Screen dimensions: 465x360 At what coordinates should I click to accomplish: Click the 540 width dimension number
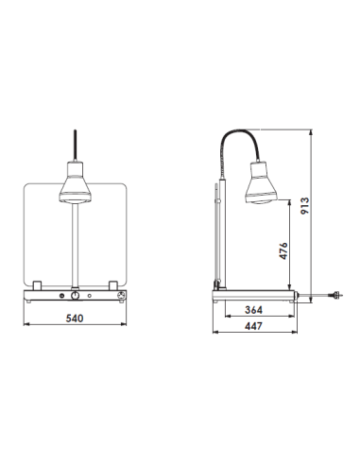pyautogui.click(x=75, y=319)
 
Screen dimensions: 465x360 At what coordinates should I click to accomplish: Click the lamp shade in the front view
pyautogui.click(x=75, y=185)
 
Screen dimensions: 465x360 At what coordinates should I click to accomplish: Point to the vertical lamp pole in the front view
pyautogui.click(x=75, y=246)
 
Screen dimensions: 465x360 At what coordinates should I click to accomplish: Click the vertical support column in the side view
pyautogui.click(x=218, y=236)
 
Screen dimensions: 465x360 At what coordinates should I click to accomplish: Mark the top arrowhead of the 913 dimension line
pyautogui.click(x=311, y=135)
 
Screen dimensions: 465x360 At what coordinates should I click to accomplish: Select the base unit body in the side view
pyautogui.click(x=255, y=296)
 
